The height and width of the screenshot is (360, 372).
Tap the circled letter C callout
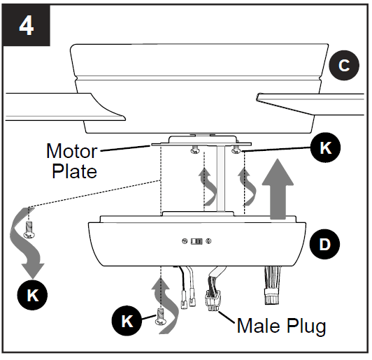click(x=343, y=66)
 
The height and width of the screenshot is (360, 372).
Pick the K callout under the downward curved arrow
click(x=31, y=295)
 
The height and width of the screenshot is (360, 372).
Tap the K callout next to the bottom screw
click(x=127, y=321)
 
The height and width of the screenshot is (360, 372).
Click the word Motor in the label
click(x=72, y=150)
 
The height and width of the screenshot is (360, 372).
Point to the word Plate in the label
click(x=75, y=171)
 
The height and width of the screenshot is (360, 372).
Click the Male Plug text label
click(x=280, y=325)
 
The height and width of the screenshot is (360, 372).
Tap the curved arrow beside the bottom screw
click(x=167, y=301)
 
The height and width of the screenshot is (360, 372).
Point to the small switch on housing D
click(x=198, y=241)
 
